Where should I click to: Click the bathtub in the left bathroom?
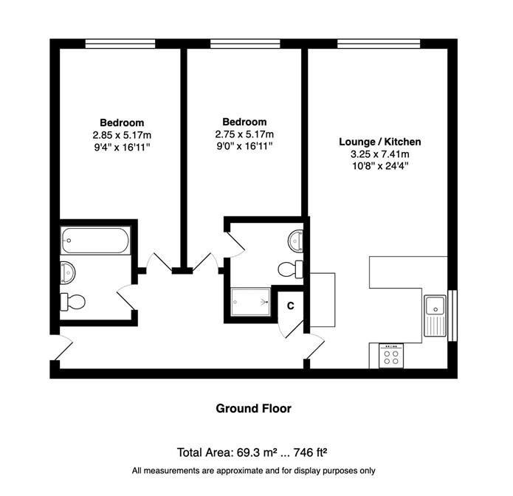[x=95, y=241]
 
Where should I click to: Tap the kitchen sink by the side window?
[x=435, y=316]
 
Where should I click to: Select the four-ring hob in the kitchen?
[x=391, y=356]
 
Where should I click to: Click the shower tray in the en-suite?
[x=251, y=302]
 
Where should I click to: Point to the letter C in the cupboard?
[x=291, y=306]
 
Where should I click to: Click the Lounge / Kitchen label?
[x=380, y=142]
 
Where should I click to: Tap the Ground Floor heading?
[x=254, y=408]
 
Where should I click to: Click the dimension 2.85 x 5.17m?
[x=122, y=135]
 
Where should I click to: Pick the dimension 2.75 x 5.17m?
[x=244, y=134]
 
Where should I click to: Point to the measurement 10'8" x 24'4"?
[x=380, y=166]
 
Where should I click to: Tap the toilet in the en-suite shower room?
[x=291, y=269]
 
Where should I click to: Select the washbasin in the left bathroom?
[x=68, y=272]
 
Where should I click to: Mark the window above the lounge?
[x=379, y=44]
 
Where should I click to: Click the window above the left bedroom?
[x=120, y=44]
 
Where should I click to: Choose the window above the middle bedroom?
[x=245, y=44]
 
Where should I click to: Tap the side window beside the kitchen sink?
[x=452, y=315]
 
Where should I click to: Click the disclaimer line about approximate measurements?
[x=254, y=471]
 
